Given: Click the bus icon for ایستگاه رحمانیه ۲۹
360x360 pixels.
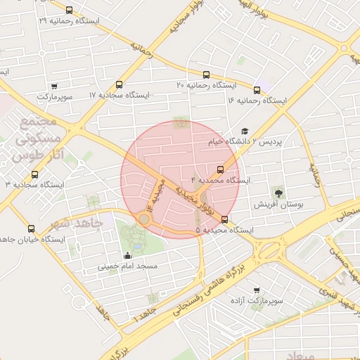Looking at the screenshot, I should (68, 10).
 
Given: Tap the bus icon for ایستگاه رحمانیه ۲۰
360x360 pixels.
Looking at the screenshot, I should (206, 74).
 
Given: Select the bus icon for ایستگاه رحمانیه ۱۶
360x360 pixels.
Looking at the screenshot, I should (257, 90).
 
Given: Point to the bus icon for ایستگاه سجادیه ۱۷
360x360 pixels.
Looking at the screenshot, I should (119, 84).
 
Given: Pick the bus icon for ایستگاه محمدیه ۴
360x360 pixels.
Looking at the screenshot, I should (221, 169).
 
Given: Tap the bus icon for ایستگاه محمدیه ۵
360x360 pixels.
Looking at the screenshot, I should (225, 219).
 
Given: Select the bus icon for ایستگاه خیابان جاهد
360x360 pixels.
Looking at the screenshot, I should (31, 229).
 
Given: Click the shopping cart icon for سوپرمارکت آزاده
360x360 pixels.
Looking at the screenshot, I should (256, 290).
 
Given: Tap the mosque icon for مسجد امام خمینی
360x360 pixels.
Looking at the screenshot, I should (127, 256).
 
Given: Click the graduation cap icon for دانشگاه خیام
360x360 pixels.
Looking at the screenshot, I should (245, 131).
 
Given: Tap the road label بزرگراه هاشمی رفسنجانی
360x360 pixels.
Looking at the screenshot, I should (232, 282).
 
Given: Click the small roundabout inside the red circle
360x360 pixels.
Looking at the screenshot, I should (145, 219).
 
